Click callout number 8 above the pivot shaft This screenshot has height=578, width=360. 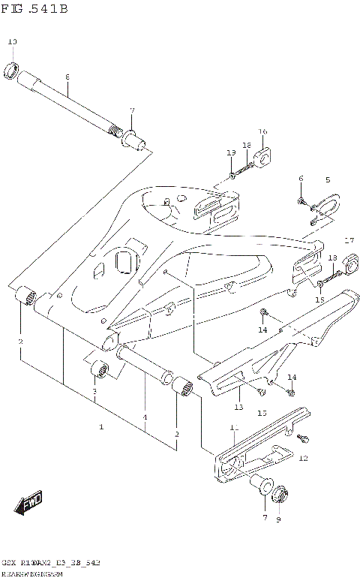coord(67,77)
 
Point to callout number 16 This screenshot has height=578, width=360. coord(262,132)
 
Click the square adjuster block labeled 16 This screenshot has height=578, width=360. coord(262,158)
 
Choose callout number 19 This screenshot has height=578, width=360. coord(231,152)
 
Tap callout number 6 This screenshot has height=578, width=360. coord(301,179)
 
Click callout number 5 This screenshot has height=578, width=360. coord(327,180)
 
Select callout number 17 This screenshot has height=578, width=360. coord(348,240)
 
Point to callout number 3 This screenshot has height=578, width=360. coord(94,392)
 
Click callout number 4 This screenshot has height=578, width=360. coord(145,417)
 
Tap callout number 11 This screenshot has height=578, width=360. coord(233,427)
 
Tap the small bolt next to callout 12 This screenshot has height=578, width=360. coord(304,438)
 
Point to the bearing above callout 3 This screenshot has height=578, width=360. coord(100,370)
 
